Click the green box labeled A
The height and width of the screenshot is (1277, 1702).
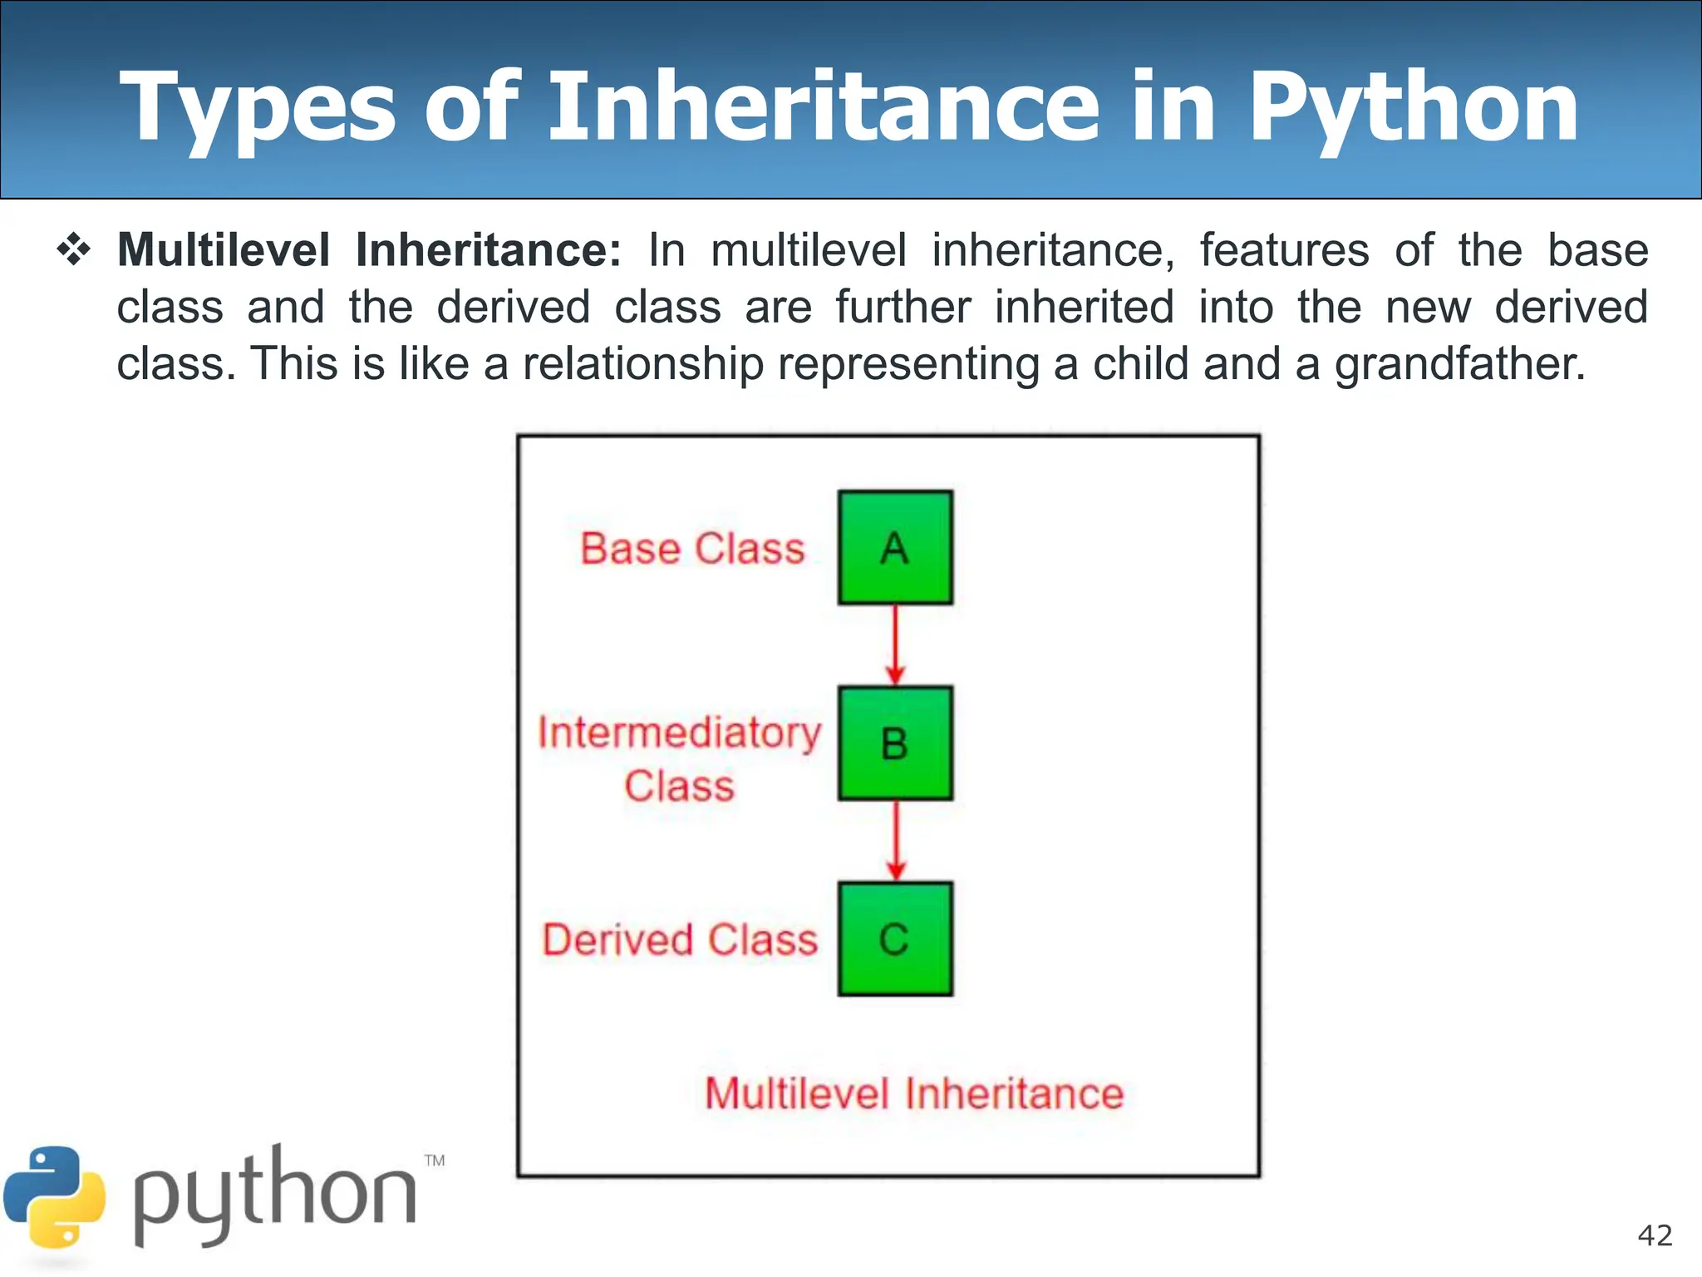pos(895,547)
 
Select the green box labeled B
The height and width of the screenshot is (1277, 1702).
pos(895,743)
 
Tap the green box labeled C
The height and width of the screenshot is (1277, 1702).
pos(895,939)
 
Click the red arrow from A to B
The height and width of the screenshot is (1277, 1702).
pos(895,644)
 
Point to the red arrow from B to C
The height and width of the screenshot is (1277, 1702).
pos(895,840)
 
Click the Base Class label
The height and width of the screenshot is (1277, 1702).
pos(692,549)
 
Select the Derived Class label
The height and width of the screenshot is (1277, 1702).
pos(680,940)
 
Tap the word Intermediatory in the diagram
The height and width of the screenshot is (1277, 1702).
pos(679,733)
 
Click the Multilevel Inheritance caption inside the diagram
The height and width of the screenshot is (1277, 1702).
pos(914,1093)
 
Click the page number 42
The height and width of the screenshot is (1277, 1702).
pos(1655,1235)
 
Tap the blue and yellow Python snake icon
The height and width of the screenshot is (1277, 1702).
pos(55,1197)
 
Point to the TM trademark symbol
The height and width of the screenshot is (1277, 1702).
pos(435,1161)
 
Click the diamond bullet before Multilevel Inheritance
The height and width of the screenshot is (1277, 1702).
pos(74,250)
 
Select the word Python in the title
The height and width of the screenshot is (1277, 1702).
pos(1413,108)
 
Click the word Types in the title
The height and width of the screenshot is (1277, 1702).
pos(258,108)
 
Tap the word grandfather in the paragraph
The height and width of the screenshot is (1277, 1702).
pos(1459,364)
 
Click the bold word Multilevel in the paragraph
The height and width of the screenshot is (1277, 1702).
pos(224,250)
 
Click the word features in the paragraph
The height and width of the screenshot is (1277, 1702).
pos(1283,250)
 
